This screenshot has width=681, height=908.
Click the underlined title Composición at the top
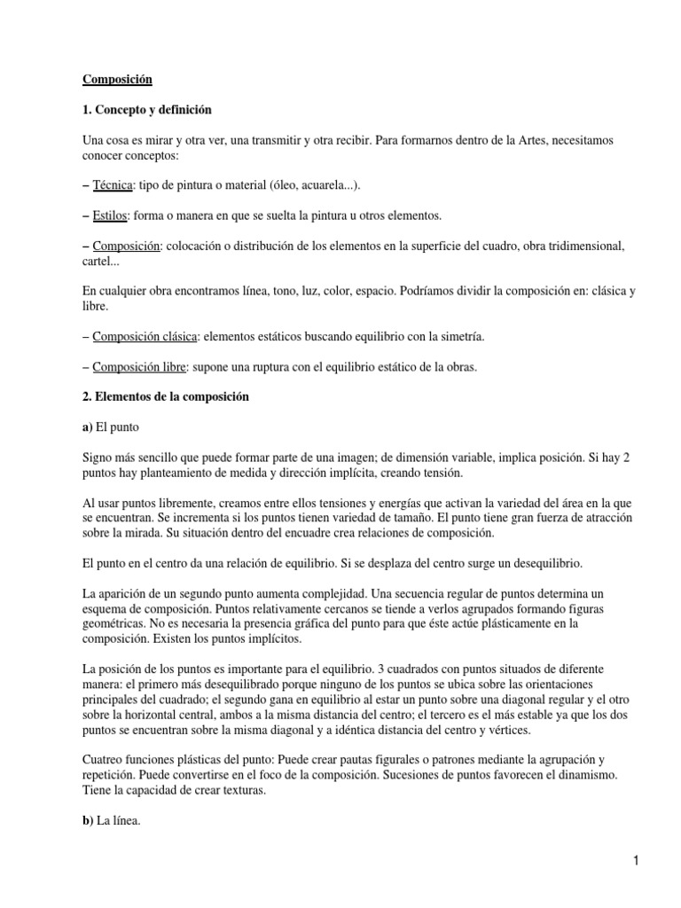[x=118, y=80]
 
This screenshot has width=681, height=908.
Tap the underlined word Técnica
[x=113, y=185]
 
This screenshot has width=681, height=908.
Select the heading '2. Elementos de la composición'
[x=167, y=397]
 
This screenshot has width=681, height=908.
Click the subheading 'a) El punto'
[x=113, y=427]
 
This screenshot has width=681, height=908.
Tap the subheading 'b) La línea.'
[x=113, y=821]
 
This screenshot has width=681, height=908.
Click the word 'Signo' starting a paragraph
[x=98, y=458]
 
